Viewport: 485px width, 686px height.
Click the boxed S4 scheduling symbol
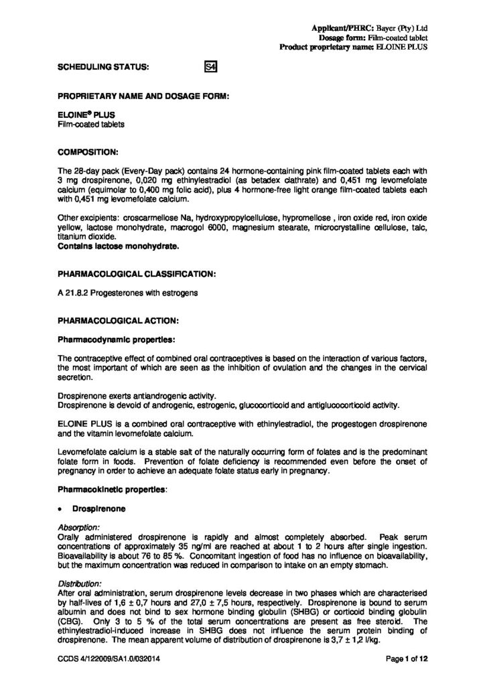point(210,67)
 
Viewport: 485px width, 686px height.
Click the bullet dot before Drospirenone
point(61,509)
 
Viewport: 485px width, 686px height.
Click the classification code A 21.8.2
point(74,293)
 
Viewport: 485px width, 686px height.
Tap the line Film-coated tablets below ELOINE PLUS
point(86,124)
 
